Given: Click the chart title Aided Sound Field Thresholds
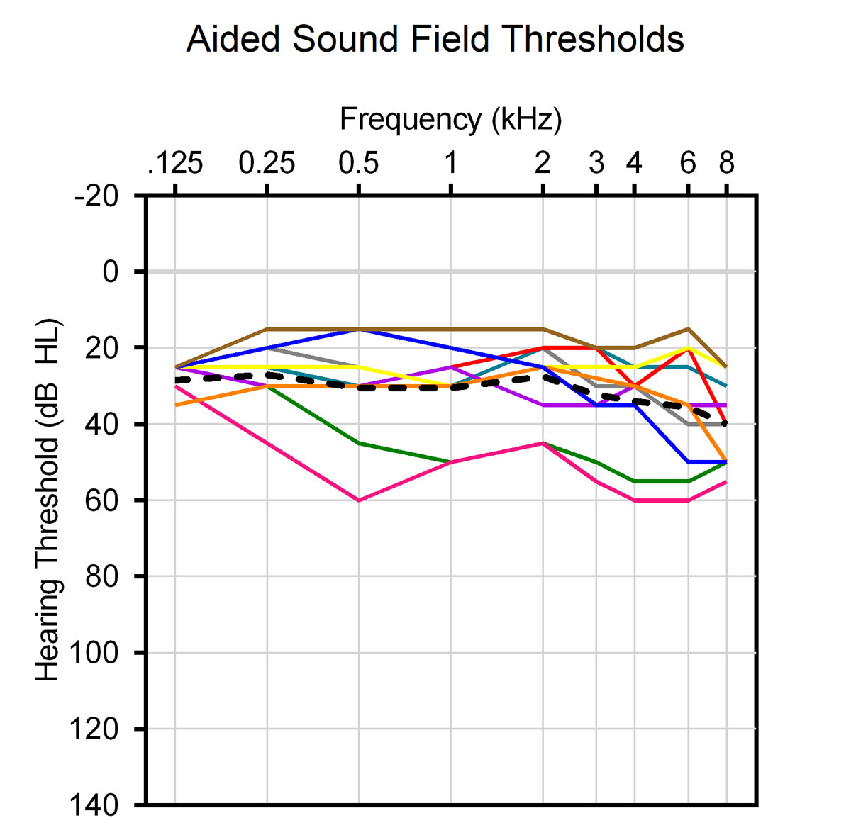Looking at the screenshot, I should (435, 40).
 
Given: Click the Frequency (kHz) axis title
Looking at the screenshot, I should (450, 119).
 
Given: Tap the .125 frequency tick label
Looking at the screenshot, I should (175, 164).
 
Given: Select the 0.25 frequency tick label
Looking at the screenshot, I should (267, 164).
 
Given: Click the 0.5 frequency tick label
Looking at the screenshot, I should (359, 164).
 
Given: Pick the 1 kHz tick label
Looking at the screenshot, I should (450, 164).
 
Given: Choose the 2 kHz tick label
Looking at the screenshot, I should (543, 164).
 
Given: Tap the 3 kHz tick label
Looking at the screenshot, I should (596, 164).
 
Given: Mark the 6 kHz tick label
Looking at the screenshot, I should (688, 164).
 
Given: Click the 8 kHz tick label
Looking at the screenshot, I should (726, 164).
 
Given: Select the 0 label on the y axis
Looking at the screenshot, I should (111, 271).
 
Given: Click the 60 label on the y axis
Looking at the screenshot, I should (102, 500).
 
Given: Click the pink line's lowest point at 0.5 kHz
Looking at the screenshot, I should (359, 500).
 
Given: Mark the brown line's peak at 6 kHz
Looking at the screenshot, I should (688, 329).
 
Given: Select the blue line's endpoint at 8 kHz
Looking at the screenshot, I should (726, 462).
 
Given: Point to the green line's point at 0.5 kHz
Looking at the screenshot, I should (359, 443).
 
